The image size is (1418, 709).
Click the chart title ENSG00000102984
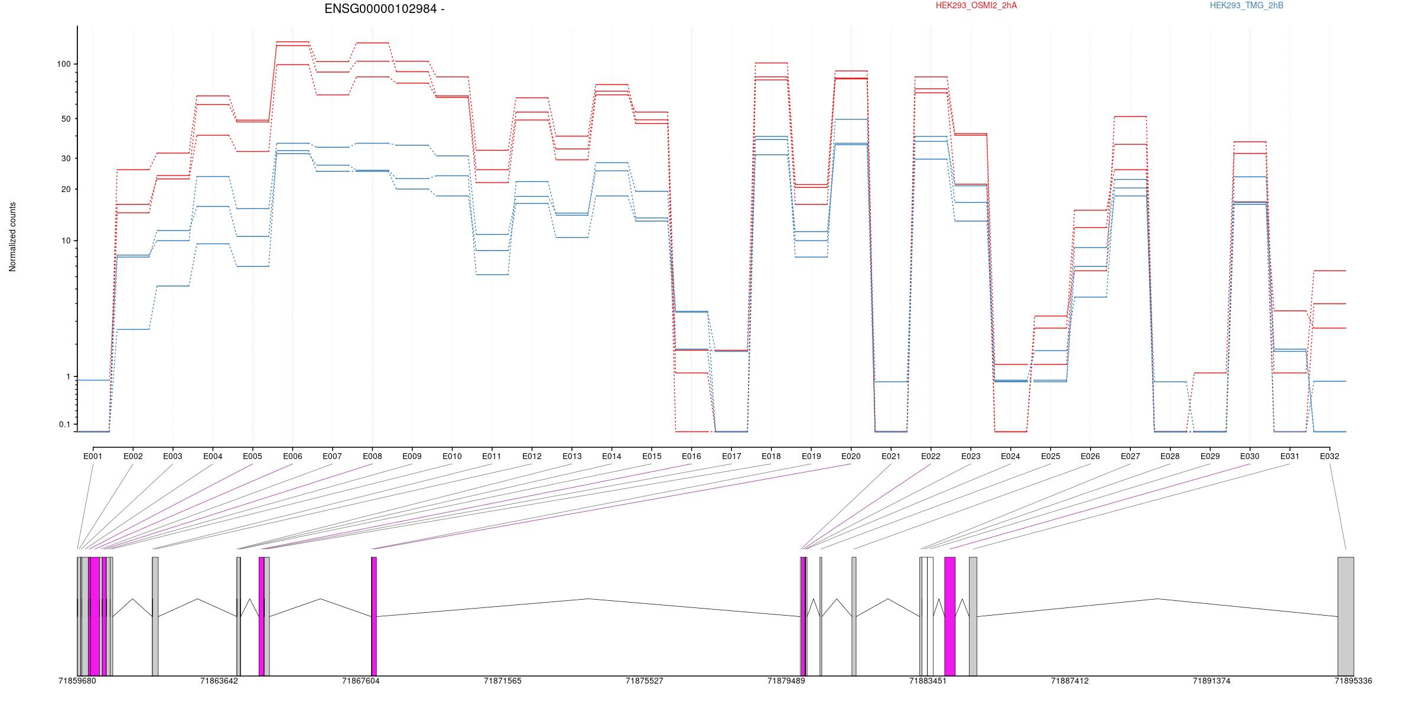(x=380, y=9)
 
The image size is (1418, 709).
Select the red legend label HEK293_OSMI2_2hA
(x=976, y=5)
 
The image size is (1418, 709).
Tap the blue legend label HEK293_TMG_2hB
(x=1247, y=5)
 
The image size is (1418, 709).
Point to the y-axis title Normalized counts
(x=12, y=237)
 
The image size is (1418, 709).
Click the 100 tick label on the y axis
(x=64, y=64)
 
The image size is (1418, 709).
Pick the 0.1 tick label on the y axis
(x=64, y=424)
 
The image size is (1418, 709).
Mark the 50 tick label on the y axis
(x=66, y=119)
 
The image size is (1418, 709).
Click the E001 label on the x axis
(x=93, y=456)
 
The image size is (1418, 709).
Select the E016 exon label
(x=691, y=456)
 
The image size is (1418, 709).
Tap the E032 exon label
(x=1329, y=456)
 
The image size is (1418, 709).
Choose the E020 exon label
(x=851, y=456)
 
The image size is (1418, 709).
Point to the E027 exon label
(x=1130, y=456)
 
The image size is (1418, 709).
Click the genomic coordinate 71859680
(x=77, y=681)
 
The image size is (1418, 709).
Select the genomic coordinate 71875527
(x=645, y=681)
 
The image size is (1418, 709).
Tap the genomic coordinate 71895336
(x=1354, y=681)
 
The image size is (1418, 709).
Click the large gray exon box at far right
(x=1346, y=616)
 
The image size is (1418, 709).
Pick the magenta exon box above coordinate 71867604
(x=374, y=616)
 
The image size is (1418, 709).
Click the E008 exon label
(x=372, y=456)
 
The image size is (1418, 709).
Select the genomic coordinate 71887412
(x=1070, y=681)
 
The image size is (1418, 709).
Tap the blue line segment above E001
(x=93, y=380)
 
